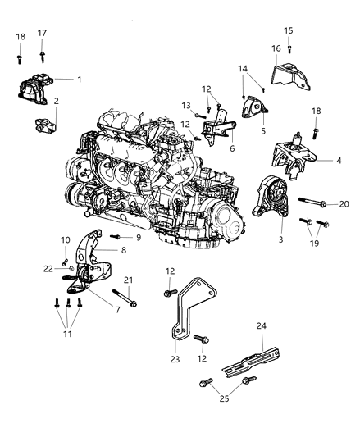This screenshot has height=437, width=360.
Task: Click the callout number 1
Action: [x=80, y=80]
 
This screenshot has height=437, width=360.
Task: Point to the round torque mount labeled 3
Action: [x=273, y=203]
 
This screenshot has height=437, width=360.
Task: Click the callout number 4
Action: [x=339, y=160]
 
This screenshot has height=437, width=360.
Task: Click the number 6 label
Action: [x=232, y=148]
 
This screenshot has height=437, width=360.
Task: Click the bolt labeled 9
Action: [x=116, y=237]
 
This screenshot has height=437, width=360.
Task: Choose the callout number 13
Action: [x=186, y=105]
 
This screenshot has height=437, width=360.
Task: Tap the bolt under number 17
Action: [x=41, y=54]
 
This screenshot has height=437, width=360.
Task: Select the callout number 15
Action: [x=288, y=30]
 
